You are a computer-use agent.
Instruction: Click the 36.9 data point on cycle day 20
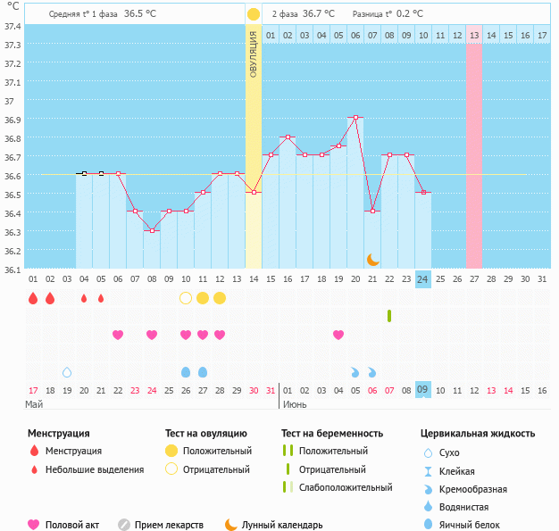[355, 118]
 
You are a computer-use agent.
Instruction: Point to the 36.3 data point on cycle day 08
[152, 230]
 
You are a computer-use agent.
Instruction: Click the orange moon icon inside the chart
[372, 260]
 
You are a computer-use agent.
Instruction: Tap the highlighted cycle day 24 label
[422, 278]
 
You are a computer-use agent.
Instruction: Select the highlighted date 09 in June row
[422, 390]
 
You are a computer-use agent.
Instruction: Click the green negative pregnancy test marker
[389, 316]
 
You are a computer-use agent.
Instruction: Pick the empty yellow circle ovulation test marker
[186, 297]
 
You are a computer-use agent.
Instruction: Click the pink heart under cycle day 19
[338, 335]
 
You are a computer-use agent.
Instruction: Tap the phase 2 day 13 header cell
[473, 35]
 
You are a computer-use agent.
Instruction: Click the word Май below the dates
[34, 404]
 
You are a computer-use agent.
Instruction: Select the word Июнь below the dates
[296, 404]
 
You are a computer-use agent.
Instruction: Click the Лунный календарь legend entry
[282, 525]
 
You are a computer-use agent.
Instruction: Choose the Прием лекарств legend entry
[169, 525]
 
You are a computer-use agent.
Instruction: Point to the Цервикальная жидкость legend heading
[478, 433]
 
